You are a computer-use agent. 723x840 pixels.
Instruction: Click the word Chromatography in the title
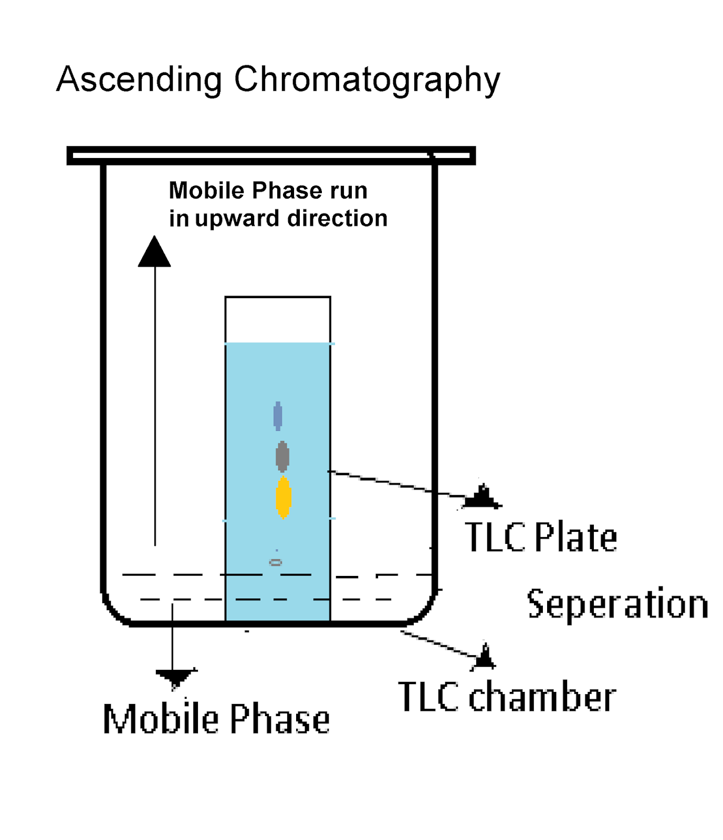point(366,80)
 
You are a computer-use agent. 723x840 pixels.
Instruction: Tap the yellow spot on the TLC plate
point(284,497)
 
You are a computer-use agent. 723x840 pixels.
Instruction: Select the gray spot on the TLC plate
point(282,456)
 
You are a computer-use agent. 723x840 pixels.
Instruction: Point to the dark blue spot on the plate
point(278,416)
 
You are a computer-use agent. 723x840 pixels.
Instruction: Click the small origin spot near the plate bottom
point(276,562)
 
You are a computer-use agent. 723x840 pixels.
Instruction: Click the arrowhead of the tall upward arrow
point(154,253)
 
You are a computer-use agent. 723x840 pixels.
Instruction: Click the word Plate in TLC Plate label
point(575,538)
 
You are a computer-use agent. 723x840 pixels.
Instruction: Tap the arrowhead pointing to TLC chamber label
point(485,657)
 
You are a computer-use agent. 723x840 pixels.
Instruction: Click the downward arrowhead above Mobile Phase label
point(175,678)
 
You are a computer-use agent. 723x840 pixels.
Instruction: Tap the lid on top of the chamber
point(271,156)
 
